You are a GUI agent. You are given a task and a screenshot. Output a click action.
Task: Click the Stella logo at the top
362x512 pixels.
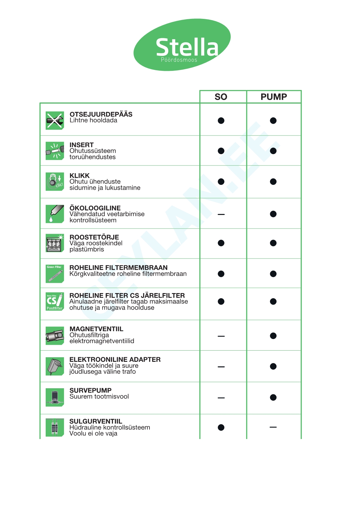coord(182,45)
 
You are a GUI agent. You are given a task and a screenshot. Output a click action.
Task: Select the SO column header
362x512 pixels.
coord(221,97)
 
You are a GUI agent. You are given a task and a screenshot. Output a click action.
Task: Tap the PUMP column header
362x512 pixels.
coord(274,97)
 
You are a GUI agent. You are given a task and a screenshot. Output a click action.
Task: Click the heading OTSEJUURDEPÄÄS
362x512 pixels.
coord(101,114)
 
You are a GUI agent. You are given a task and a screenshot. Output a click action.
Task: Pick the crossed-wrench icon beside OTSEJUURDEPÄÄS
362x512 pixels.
coord(55,120)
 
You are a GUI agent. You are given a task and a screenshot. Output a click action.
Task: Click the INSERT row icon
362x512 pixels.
coord(55,151)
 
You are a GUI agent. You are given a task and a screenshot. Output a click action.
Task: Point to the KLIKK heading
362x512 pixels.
coord(79,175)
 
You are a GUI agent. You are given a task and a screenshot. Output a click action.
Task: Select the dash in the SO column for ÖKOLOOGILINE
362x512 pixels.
coord(221,214)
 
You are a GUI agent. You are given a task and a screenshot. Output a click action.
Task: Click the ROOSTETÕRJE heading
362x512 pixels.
coord(94,237)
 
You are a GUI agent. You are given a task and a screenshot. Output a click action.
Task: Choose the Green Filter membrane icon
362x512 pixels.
coord(55,273)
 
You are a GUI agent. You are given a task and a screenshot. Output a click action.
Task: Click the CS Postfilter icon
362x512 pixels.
coord(55,302)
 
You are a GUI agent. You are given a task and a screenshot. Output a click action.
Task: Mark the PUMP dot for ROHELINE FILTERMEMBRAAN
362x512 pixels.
coord(273,274)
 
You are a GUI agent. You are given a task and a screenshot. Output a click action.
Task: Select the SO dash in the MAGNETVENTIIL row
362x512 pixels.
coord(221,336)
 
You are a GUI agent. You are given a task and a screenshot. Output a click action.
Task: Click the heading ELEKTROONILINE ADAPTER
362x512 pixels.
coord(115,359)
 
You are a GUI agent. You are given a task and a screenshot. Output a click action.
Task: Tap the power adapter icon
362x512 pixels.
coord(55,366)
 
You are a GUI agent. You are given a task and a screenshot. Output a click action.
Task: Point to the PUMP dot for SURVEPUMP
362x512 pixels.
coord(273,397)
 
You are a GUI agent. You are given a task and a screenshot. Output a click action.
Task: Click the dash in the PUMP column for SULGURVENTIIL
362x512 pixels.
coord(273,427)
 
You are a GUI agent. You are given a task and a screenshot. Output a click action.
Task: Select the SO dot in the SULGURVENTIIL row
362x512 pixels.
coord(221,427)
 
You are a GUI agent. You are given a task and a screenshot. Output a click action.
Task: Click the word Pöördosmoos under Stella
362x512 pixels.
coord(179,60)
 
